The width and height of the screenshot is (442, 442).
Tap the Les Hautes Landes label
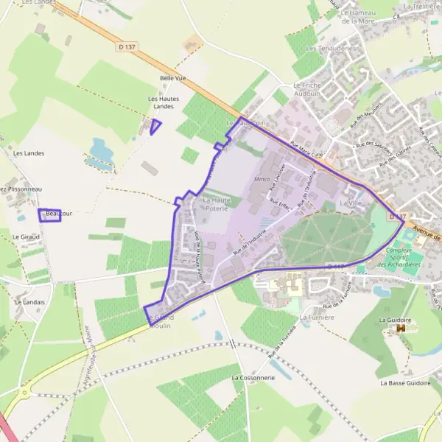pyautogui.click(x=164, y=103)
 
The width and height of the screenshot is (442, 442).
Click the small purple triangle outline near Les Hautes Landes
pyautogui.click(x=155, y=127)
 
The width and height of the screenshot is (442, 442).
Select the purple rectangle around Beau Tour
pyautogui.click(x=49, y=214)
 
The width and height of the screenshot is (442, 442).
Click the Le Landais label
pyautogui.click(x=29, y=302)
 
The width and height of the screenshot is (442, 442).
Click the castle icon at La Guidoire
pyautogui.click(x=401, y=330)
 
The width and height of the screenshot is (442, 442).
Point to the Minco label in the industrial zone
pyautogui.click(x=262, y=179)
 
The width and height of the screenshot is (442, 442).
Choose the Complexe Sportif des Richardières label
pyautogui.click(x=404, y=258)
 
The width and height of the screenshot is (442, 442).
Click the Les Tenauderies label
pyautogui.click(x=331, y=49)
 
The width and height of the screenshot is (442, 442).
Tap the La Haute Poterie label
pyautogui.click(x=217, y=204)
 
